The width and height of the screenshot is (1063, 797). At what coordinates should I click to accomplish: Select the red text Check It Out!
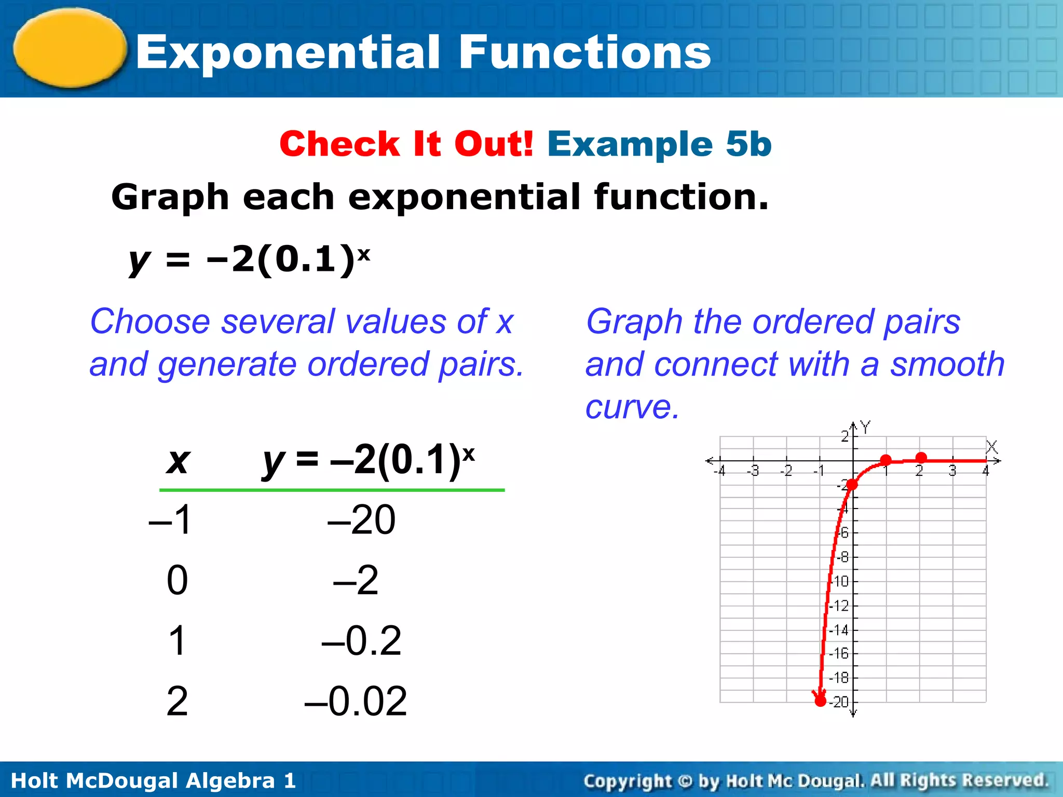tap(406, 144)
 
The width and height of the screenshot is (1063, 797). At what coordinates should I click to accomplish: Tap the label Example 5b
tap(659, 144)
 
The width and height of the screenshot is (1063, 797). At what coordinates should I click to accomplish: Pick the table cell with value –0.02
tap(356, 701)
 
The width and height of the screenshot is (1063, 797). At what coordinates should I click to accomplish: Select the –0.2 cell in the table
tap(362, 641)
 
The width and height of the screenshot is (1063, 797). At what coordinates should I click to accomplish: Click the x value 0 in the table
tap(177, 580)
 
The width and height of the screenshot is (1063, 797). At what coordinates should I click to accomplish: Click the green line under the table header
tap(332, 489)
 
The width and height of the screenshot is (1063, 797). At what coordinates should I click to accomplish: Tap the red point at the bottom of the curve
tap(820, 701)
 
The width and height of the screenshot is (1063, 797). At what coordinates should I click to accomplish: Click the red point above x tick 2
tap(921, 457)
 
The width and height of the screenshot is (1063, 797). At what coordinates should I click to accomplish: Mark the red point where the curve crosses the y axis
tap(852, 485)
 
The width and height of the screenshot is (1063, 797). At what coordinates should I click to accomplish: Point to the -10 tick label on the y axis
tap(840, 581)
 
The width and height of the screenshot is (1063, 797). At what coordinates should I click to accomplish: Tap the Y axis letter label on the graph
tap(865, 427)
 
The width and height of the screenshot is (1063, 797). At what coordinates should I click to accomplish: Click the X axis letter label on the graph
tap(992, 447)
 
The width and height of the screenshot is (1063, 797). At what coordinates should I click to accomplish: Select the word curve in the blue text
tap(632, 407)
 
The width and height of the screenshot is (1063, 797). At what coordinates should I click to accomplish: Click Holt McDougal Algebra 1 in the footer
tap(153, 780)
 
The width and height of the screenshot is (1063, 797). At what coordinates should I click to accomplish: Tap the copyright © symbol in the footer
tap(685, 780)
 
